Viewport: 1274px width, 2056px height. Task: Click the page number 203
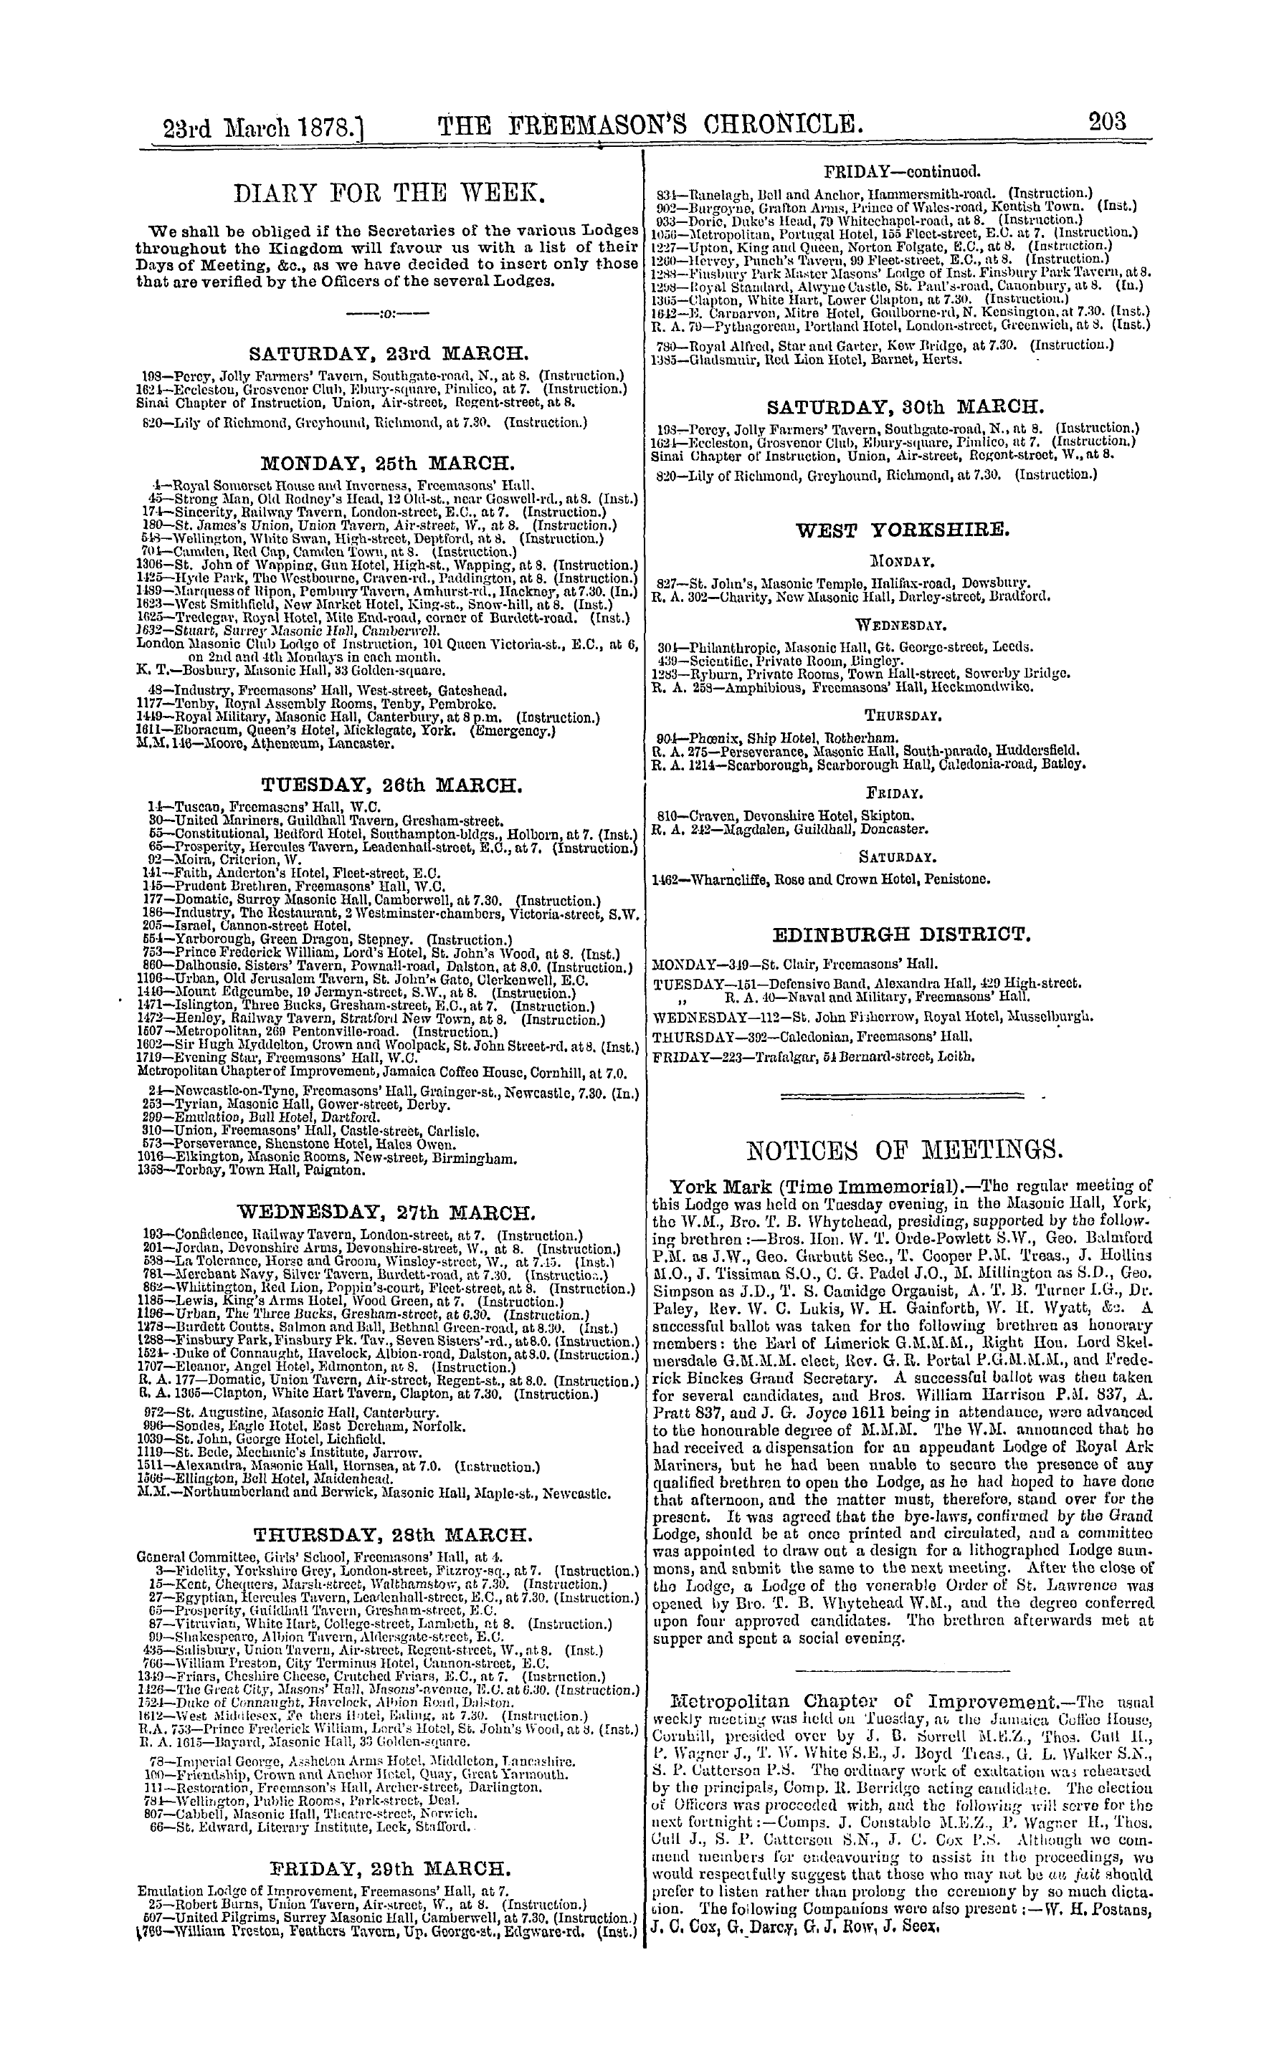pyautogui.click(x=1106, y=123)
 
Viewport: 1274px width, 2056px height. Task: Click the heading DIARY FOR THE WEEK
pyautogui.click(x=389, y=201)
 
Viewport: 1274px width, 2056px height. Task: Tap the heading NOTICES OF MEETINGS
pyautogui.click(x=904, y=1148)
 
